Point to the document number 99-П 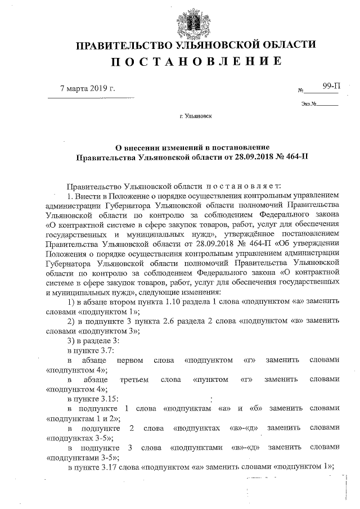tap(331, 86)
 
